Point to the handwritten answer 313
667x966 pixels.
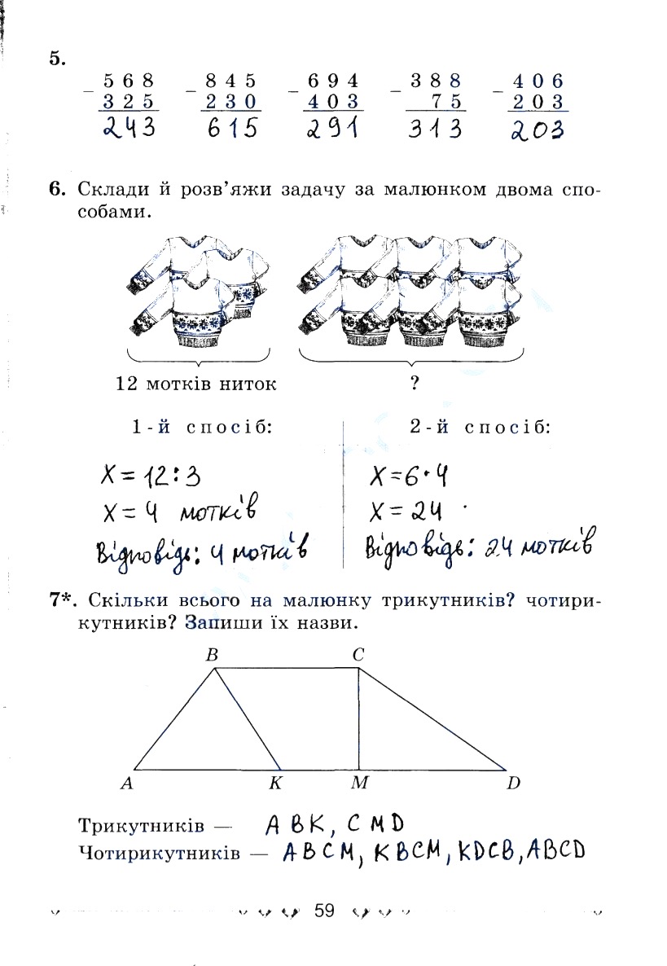click(435, 129)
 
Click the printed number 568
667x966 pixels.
click(129, 81)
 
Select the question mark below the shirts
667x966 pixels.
click(415, 384)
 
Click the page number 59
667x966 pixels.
click(324, 911)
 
